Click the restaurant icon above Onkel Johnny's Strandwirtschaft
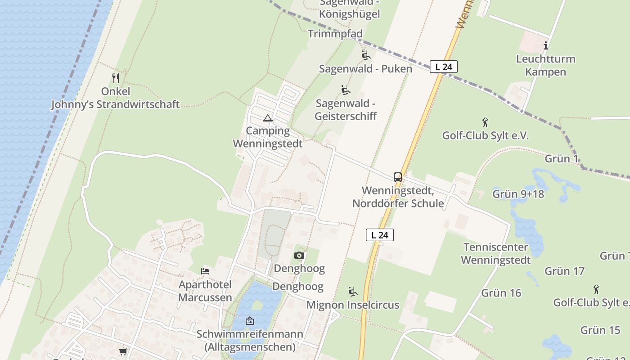point(116,78)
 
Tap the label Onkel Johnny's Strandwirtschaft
point(115,98)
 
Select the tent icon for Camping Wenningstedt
point(268,118)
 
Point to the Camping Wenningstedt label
point(268,137)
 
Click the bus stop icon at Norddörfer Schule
point(398,177)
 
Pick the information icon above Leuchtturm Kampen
point(546,45)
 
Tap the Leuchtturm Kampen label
point(545,65)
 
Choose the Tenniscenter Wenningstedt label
point(495,253)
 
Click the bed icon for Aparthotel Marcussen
point(205,271)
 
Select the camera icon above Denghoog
point(299,256)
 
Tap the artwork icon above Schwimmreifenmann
point(250,321)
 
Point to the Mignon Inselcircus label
point(353,305)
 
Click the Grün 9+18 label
point(518,194)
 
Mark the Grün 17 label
point(564,271)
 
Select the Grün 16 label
point(501,293)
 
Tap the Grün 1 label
point(561,158)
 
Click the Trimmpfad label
point(335,34)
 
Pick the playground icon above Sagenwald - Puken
point(365,55)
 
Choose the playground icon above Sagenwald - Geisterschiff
point(346,90)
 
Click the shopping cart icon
point(123,351)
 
